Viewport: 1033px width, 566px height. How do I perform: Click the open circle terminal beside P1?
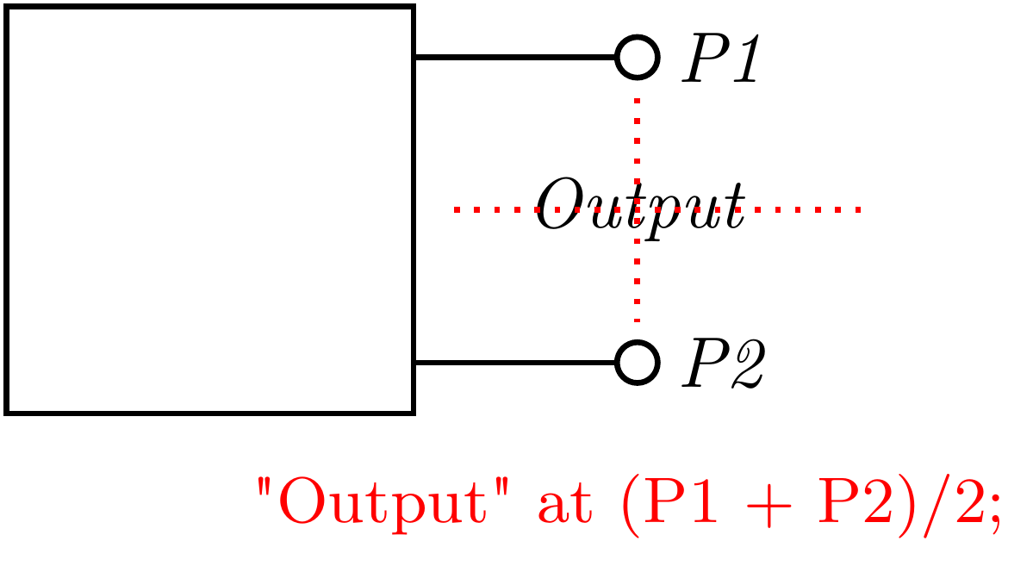638,57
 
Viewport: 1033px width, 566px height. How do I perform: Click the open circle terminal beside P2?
638,362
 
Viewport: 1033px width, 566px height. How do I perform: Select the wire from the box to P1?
515,58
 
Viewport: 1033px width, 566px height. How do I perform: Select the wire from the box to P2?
515,363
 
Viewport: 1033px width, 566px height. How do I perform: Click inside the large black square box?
210,210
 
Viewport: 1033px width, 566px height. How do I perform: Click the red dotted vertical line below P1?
638,138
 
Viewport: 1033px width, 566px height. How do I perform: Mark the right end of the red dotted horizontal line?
858,209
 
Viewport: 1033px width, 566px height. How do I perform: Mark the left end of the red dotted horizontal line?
457,209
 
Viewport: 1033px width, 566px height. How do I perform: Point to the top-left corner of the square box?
7,8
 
